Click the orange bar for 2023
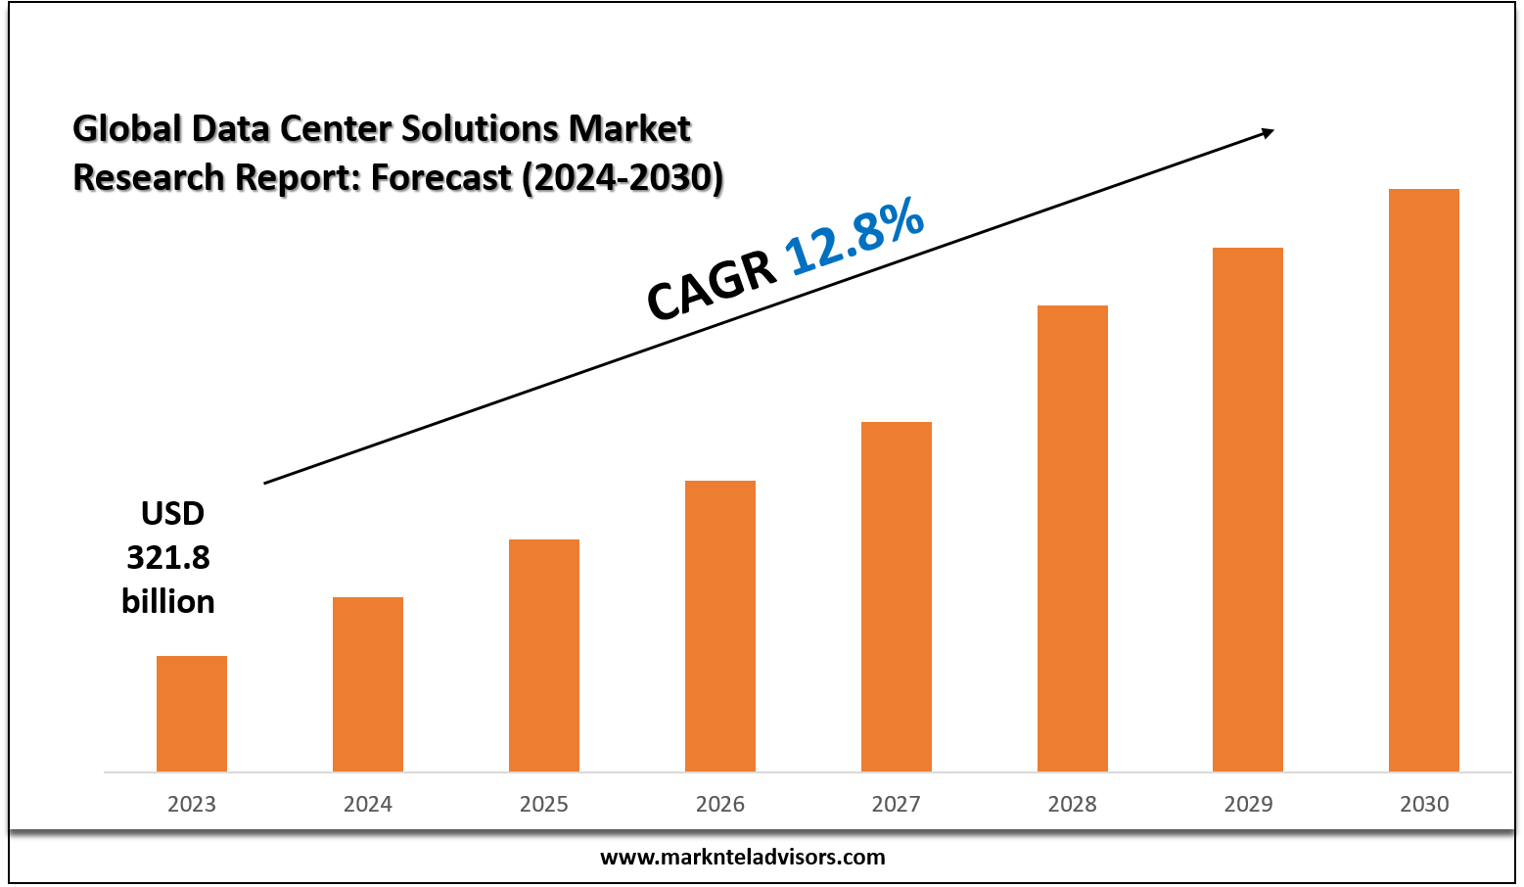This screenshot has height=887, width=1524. [192, 714]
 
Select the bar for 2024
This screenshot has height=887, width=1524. [368, 684]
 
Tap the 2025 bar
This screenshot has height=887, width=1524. [544, 655]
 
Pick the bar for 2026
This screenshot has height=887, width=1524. [720, 626]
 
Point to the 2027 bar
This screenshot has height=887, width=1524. [897, 596]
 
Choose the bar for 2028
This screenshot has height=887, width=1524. [1073, 538]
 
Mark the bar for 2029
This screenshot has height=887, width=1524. [1248, 509]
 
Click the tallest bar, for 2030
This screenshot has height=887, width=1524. [1424, 480]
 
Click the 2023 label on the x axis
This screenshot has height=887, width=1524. [192, 804]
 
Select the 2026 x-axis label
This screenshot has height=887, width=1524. [720, 804]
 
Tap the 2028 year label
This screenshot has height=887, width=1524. [1073, 804]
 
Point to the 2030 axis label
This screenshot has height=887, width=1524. [1424, 804]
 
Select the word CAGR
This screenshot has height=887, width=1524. [712, 286]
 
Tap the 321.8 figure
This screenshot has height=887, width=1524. [168, 557]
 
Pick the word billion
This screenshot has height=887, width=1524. [168, 601]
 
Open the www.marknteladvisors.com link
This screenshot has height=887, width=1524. [742, 857]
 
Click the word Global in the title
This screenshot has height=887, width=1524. [127, 128]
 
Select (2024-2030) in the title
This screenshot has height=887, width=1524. [623, 177]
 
